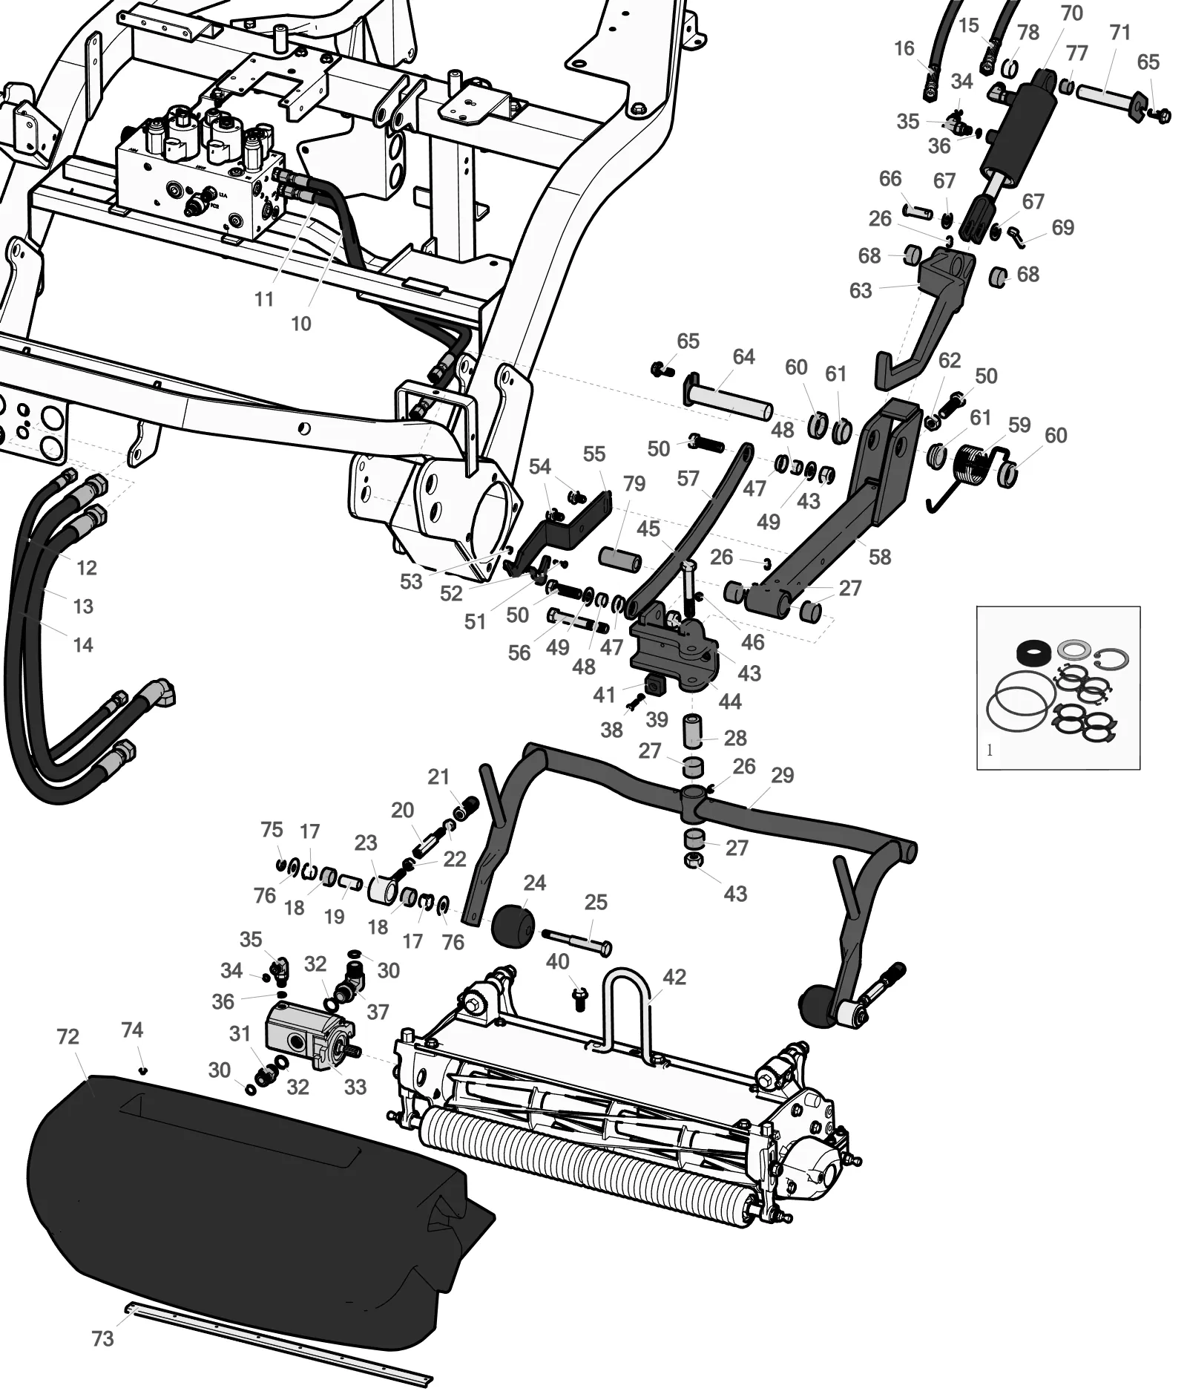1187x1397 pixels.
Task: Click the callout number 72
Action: point(68,1036)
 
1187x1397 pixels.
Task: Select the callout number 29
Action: point(783,775)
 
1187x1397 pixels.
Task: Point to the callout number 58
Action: point(880,557)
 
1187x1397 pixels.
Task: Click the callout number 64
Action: point(743,357)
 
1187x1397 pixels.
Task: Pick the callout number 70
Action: point(1072,13)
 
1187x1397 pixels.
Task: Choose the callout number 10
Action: point(300,324)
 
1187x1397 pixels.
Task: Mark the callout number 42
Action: point(674,977)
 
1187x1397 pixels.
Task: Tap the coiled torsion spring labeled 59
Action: point(971,466)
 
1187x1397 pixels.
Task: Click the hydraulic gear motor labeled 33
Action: point(312,1034)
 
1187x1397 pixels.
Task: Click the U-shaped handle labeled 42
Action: point(627,993)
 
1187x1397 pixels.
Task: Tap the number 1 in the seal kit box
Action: point(989,750)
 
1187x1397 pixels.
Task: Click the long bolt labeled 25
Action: point(576,940)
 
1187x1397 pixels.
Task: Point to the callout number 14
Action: point(83,645)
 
